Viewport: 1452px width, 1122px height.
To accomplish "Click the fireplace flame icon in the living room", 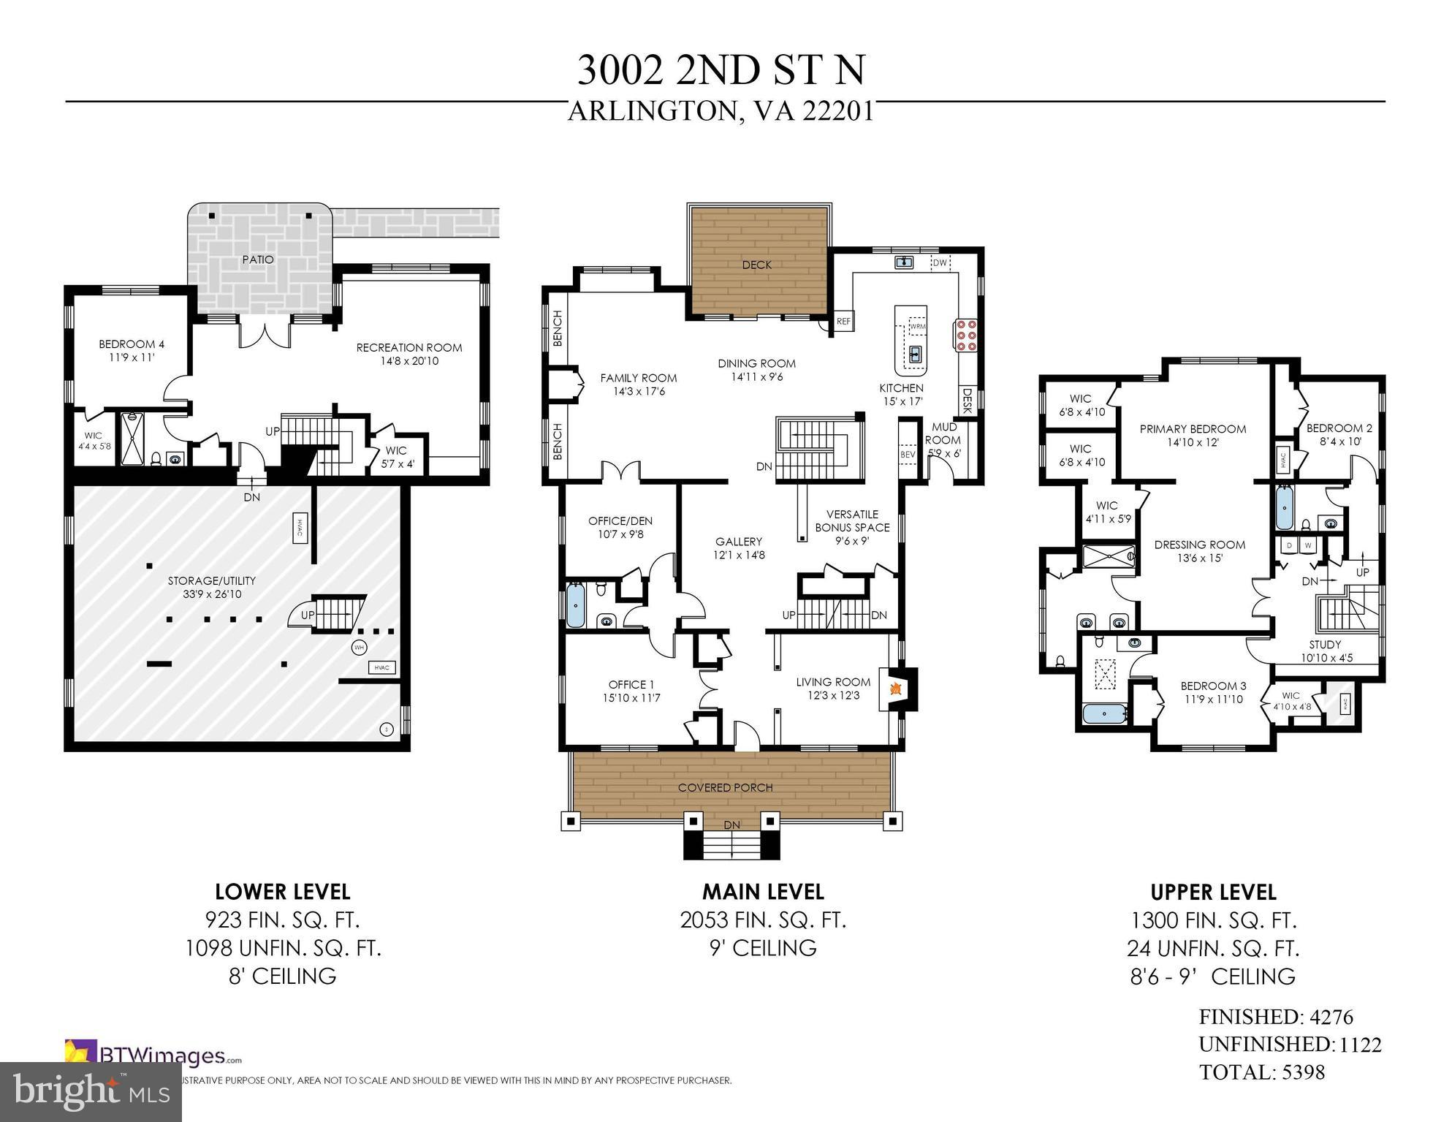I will pyautogui.click(x=894, y=688).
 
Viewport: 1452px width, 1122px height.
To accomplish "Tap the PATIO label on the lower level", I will pyautogui.click(x=258, y=259).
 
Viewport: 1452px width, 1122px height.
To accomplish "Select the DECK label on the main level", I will pyautogui.click(x=756, y=265).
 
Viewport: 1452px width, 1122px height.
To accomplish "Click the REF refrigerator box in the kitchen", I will pyautogui.click(x=843, y=321).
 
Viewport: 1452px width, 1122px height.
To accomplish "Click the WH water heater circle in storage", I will pyautogui.click(x=359, y=648).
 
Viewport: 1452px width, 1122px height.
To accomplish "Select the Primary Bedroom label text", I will pyautogui.click(x=1193, y=435).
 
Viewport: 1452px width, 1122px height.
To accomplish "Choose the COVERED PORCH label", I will pyautogui.click(x=725, y=787).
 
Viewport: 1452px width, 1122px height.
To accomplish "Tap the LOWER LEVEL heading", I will pyautogui.click(x=283, y=892).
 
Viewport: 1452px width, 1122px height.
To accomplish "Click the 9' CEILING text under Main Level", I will pyautogui.click(x=763, y=948).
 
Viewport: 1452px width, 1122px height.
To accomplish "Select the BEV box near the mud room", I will pyautogui.click(x=908, y=454).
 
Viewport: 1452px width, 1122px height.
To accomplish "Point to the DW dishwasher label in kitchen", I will pyautogui.click(x=940, y=262).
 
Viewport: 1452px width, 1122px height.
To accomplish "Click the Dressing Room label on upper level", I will pyautogui.click(x=1199, y=551).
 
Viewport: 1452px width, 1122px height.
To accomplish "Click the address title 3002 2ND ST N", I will pyautogui.click(x=721, y=70).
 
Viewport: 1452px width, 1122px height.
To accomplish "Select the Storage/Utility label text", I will pyautogui.click(x=212, y=587).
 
